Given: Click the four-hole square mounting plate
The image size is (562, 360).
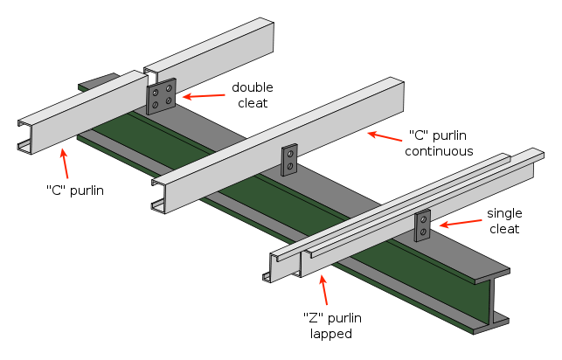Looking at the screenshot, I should [x=161, y=96].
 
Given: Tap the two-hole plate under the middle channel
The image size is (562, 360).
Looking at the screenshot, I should [x=289, y=160].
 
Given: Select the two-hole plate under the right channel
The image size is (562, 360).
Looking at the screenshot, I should [x=422, y=225].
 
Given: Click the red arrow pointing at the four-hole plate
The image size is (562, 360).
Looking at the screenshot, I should [x=203, y=95].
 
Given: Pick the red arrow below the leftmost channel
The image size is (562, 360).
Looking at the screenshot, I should [x=65, y=163].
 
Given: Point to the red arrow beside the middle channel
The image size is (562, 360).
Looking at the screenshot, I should [x=385, y=136].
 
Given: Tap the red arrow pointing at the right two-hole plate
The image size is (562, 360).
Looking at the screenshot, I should [x=460, y=223].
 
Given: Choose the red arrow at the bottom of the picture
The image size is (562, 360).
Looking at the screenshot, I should [x=324, y=290].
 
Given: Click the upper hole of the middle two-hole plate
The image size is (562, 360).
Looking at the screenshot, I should [x=289, y=154].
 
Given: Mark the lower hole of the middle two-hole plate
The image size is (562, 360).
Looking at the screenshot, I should [x=289, y=166].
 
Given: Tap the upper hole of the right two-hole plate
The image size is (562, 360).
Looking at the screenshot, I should [x=423, y=219].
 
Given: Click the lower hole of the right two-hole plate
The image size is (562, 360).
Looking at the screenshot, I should [x=423, y=232].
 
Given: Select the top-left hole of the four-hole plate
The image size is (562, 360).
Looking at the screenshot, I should [x=156, y=92].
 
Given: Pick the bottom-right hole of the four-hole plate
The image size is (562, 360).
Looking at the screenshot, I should [x=168, y=101].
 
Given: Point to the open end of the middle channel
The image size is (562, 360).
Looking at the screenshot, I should [x=158, y=197].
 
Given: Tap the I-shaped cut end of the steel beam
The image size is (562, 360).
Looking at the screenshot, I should [x=492, y=301].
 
